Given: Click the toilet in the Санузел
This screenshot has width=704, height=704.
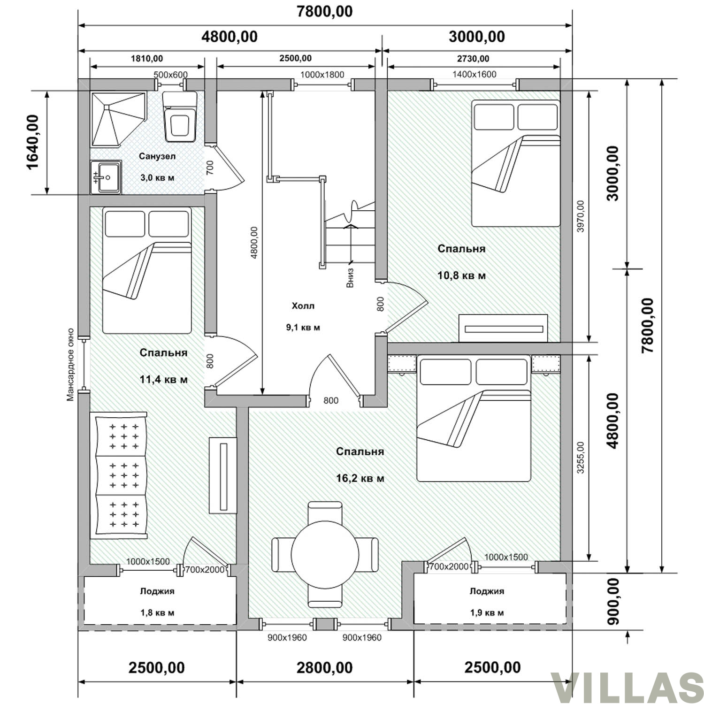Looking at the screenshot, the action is (180, 117).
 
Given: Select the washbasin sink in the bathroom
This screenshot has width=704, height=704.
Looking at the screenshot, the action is (106, 177).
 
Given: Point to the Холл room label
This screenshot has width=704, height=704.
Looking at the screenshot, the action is (303, 306).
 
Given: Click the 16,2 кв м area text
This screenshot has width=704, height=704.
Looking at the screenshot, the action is (360, 479).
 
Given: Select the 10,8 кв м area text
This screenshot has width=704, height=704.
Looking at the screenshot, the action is (462, 275).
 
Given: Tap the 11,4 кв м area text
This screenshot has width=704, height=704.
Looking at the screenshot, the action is (164, 379).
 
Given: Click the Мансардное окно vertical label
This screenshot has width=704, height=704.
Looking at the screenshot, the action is (70, 364).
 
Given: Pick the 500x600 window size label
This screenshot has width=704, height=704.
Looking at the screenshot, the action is (171, 75).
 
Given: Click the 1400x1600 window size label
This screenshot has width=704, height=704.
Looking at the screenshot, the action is (474, 74).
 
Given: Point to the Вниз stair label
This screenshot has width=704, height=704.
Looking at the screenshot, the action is (350, 278).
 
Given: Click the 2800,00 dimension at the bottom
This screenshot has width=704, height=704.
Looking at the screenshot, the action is (324, 667).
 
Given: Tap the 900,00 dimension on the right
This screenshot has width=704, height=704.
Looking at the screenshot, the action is (613, 601).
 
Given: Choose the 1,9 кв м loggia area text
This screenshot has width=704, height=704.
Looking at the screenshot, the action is (487, 613).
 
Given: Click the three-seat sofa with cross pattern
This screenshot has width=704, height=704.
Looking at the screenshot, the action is (121, 475).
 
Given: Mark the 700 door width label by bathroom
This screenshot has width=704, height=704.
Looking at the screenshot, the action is (210, 167).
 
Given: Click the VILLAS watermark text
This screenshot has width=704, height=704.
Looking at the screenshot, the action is (627, 688).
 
